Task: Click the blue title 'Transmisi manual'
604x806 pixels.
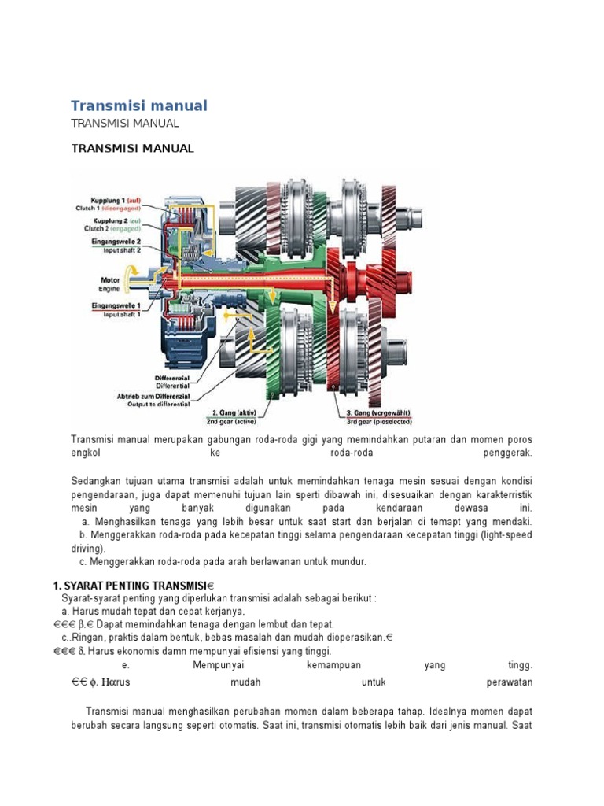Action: [x=139, y=105]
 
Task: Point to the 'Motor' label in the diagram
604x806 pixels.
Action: [x=110, y=279]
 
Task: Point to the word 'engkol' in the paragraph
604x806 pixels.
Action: [x=87, y=454]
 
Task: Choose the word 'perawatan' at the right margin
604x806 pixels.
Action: [x=510, y=682]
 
